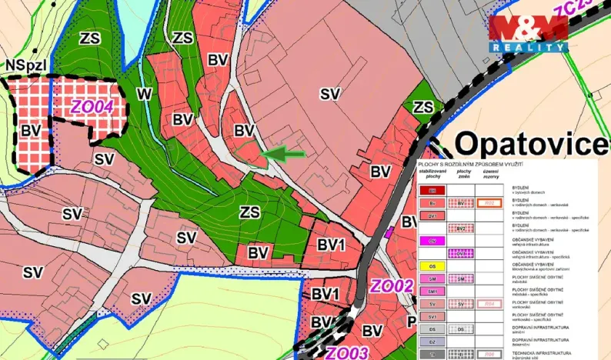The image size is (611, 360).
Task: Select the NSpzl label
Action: point(25,66)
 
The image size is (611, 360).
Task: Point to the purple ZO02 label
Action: point(392,287)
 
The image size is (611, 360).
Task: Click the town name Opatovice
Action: point(530,144)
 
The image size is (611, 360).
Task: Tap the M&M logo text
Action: point(529,29)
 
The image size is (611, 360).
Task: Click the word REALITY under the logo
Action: point(530,47)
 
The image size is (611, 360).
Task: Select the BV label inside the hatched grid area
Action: point(31,130)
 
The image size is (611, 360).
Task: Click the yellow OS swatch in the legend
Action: point(432,266)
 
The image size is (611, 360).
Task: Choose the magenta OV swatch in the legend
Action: point(432,241)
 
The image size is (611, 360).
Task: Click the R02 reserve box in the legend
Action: point(489,203)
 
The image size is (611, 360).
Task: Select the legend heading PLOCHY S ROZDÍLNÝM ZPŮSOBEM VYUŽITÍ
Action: point(470,165)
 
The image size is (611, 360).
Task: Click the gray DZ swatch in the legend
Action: point(432,342)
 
